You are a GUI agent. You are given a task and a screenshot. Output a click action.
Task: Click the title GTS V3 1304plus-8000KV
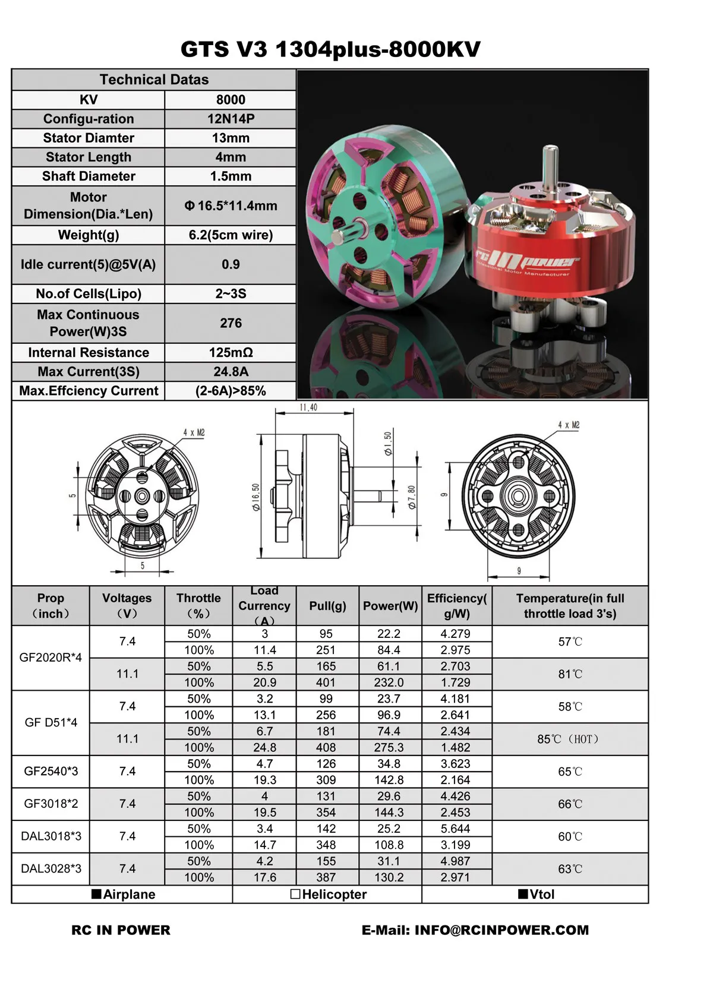click(330, 49)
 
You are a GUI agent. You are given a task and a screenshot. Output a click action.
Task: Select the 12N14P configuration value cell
click(231, 119)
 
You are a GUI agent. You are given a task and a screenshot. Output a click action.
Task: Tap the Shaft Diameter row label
click(89, 176)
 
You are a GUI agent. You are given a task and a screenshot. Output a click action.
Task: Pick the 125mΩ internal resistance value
click(231, 352)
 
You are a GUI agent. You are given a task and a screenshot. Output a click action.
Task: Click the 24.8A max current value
click(231, 372)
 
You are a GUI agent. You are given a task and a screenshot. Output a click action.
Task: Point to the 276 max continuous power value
click(231, 323)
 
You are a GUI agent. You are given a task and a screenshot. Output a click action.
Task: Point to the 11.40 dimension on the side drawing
click(308, 407)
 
